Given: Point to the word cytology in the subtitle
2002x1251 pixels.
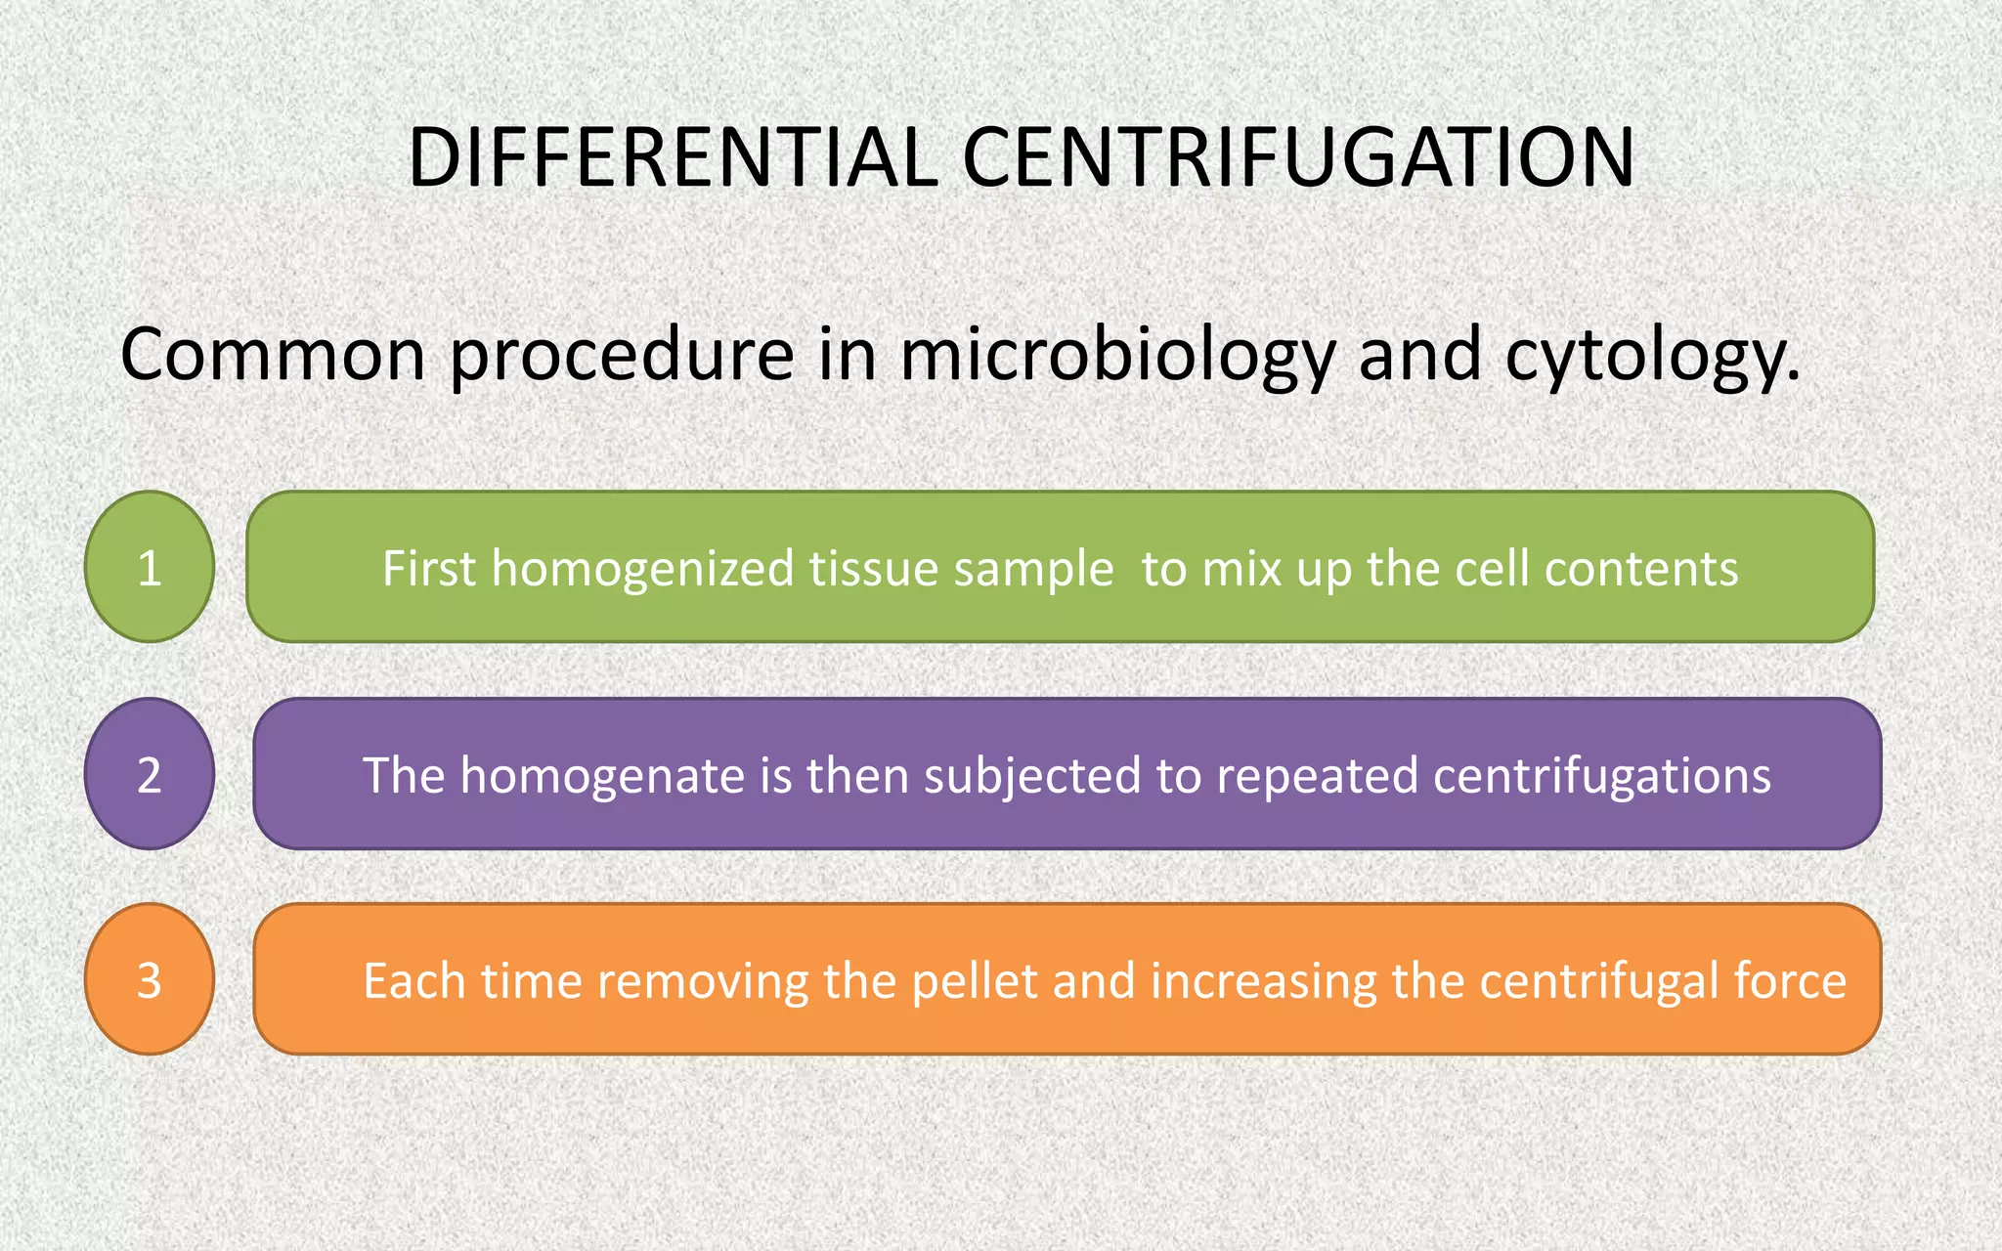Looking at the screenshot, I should [x=1651, y=356].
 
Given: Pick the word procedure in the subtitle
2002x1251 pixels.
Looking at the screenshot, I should [x=622, y=356].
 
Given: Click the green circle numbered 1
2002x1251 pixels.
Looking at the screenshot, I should [x=150, y=567].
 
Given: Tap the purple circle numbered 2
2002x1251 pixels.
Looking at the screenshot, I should [x=150, y=774].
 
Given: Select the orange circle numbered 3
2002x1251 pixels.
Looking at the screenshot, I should [x=150, y=979].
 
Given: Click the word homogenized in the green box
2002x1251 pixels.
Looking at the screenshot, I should [x=643, y=570].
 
